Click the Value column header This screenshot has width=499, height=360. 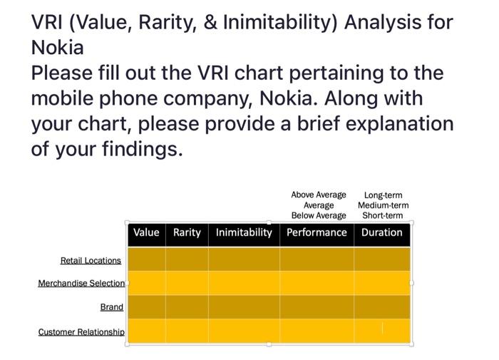coord(146,232)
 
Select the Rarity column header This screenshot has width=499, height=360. coord(187,232)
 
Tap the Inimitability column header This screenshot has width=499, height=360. coord(244,232)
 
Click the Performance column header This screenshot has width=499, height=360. coord(317,232)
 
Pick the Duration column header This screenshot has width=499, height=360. coord(382,232)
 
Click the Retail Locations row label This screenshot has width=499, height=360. coord(91,260)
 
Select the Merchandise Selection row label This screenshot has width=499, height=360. coord(81,283)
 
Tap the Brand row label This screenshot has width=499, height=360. coord(112,307)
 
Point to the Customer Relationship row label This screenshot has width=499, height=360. coord(81,332)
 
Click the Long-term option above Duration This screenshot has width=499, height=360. coord(383,195)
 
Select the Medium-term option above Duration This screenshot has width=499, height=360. coord(383,205)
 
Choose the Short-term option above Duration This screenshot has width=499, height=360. coord(383,215)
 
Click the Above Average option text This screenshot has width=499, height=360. coord(319,195)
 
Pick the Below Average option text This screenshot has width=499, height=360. coord(319,215)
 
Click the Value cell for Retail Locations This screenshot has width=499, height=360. coord(146,259)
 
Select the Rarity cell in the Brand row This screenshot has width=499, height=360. coord(187,307)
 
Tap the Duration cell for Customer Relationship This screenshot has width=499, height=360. coord(382,331)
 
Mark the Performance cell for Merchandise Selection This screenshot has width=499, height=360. coord(317,283)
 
